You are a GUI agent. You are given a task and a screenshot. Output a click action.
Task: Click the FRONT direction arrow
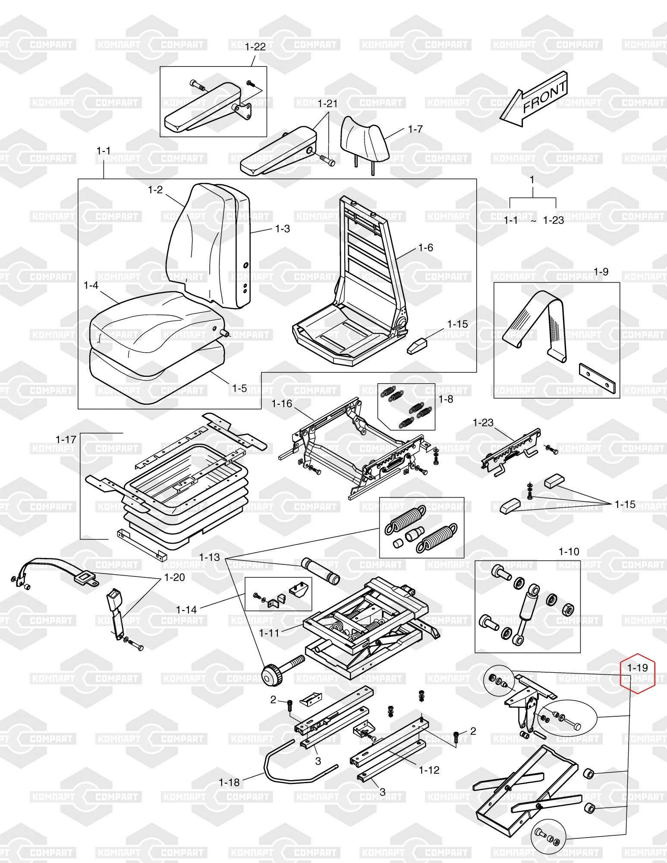pyautogui.click(x=534, y=100)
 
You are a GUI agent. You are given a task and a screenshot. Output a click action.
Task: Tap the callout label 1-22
pyautogui.click(x=255, y=47)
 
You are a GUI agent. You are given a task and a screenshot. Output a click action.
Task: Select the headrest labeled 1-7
pyautogui.click(x=365, y=138)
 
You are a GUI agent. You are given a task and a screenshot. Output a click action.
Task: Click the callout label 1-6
pyautogui.click(x=425, y=248)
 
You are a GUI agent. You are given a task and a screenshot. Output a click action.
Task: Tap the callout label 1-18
pyautogui.click(x=229, y=782)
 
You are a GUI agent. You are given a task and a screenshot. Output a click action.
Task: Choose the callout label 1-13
pyautogui.click(x=209, y=557)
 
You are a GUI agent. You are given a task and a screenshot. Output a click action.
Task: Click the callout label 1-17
pyautogui.click(x=66, y=440)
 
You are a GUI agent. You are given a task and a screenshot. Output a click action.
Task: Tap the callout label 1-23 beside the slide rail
pyautogui.click(x=483, y=422)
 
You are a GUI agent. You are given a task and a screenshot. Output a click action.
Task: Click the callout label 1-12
pyautogui.click(x=429, y=770)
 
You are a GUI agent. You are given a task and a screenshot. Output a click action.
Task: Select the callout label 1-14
pyautogui.click(x=186, y=610)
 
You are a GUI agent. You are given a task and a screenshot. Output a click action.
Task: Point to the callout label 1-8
pyautogui.click(x=446, y=399)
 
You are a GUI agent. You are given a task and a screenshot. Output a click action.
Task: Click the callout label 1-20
pyautogui.click(x=174, y=577)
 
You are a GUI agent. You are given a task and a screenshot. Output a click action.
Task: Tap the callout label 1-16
pyautogui.click(x=282, y=404)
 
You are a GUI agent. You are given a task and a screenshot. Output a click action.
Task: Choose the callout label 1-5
pyautogui.click(x=239, y=388)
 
